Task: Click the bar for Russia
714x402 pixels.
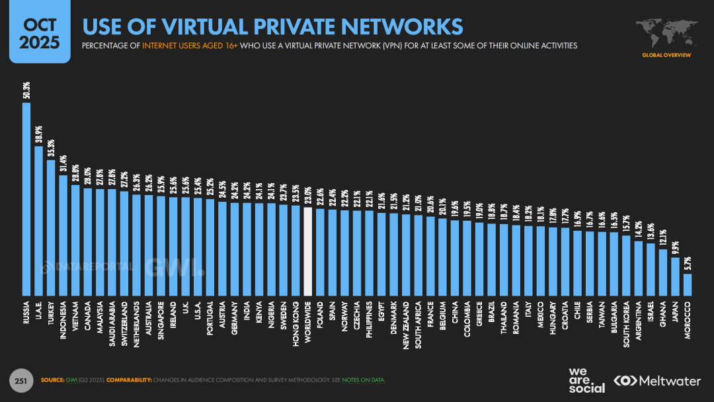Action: pyautogui.click(x=26, y=198)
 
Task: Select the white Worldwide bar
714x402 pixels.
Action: pyautogui.click(x=307, y=251)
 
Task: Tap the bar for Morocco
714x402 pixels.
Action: pyautogui.click(x=688, y=284)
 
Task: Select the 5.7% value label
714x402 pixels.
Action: pyautogui.click(x=688, y=262)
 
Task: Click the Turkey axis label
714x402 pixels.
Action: pyautogui.click(x=51, y=313)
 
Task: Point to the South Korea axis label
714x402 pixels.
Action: pyautogui.click(x=626, y=321)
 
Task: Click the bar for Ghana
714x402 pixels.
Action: pyautogui.click(x=663, y=272)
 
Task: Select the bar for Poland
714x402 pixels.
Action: pyautogui.click(x=320, y=252)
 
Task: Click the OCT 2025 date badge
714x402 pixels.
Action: pyautogui.click(x=40, y=33)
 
